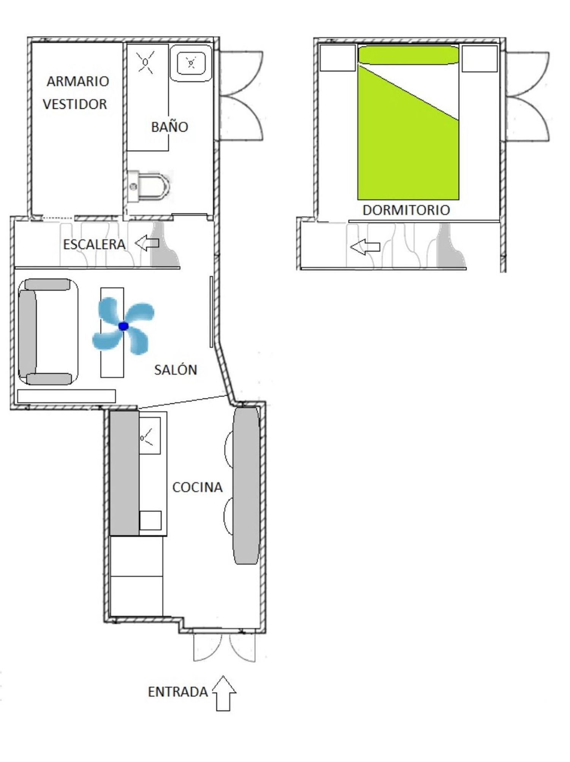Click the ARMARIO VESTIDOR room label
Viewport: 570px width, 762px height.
tap(76, 92)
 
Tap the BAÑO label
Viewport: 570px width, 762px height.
tap(169, 126)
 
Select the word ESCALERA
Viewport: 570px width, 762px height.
tap(94, 245)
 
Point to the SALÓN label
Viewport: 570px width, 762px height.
tap(176, 369)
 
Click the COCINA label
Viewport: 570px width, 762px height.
tap(197, 487)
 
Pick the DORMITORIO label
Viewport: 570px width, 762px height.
tap(406, 210)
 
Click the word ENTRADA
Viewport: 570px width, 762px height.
tap(178, 692)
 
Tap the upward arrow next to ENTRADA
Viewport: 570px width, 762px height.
tap(223, 693)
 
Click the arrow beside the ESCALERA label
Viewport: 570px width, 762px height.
tap(147, 243)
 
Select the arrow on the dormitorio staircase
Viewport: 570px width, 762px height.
tap(365, 247)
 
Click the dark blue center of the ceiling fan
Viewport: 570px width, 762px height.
tap(123, 326)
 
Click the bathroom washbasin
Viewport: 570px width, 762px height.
tap(191, 63)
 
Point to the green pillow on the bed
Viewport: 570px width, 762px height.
tap(408, 55)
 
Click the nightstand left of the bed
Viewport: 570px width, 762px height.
tap(338, 58)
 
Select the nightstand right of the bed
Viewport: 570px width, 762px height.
tap(480, 58)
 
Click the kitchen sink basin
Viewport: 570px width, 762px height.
tap(150, 435)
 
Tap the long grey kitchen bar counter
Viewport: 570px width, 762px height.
tap(247, 486)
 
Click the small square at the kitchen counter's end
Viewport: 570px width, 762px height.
tap(150, 521)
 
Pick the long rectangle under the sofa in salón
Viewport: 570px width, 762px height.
tap(66, 396)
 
